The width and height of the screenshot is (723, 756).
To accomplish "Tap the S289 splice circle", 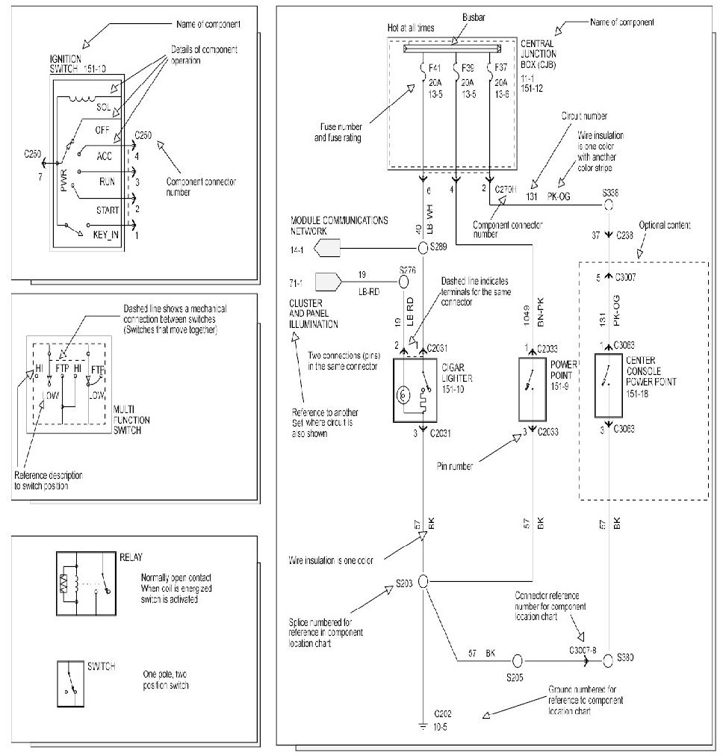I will (x=422, y=247).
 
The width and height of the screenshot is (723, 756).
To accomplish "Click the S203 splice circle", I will (x=422, y=580).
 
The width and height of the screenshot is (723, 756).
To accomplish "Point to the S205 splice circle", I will (x=515, y=660).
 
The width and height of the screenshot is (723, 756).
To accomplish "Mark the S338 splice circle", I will (x=610, y=202).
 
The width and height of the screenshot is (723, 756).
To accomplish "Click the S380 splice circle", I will (x=609, y=659).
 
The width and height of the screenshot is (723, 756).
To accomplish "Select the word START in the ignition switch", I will (x=108, y=210).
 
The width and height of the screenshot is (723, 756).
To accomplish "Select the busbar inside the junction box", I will (x=455, y=49).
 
